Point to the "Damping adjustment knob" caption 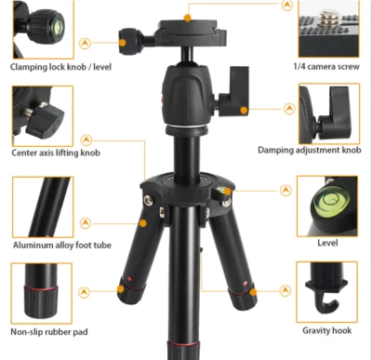(x=309, y=150)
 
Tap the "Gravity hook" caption (x=325, y=330)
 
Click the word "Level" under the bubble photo (x=326, y=243)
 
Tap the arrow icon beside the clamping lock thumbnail (x=85, y=44)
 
